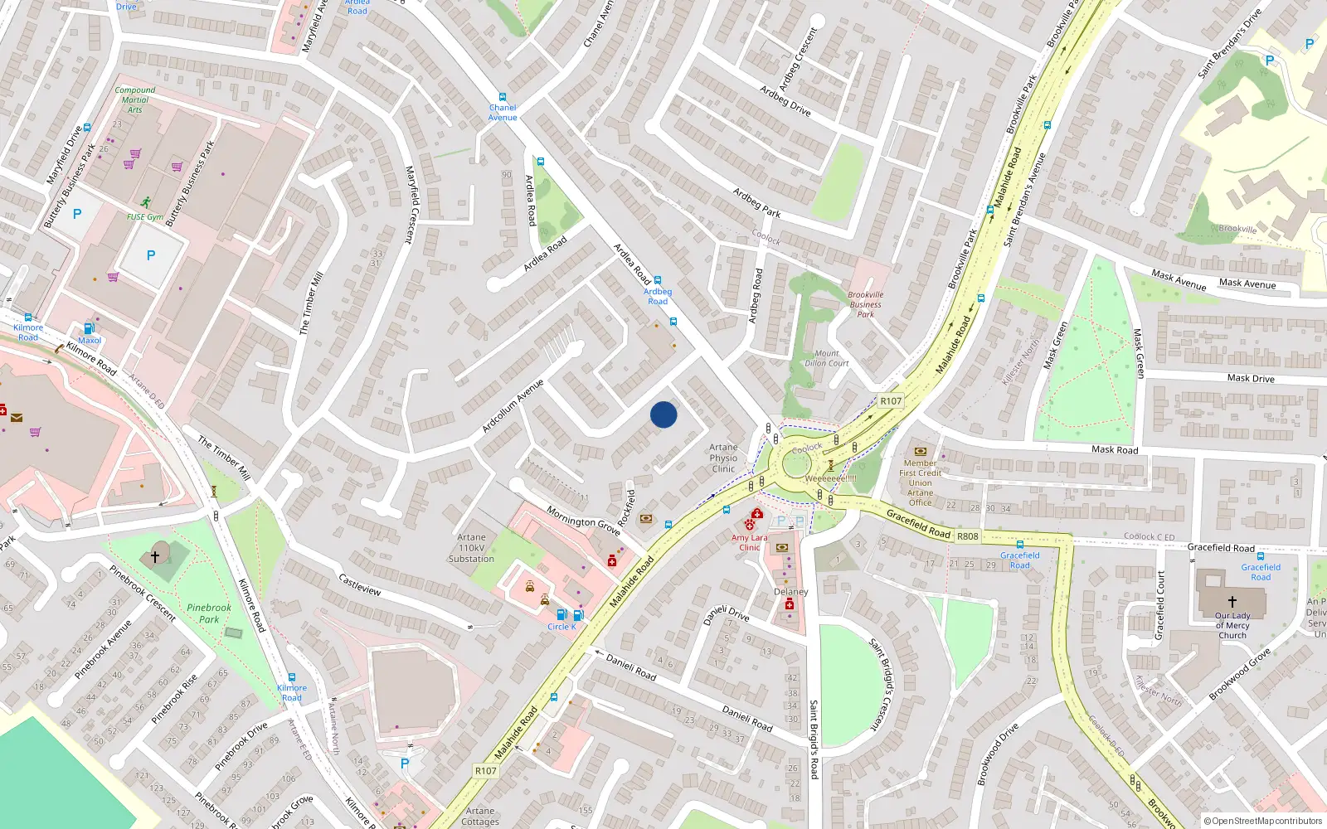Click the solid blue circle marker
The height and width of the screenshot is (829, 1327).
tap(663, 414)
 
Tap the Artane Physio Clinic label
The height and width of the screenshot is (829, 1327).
tap(723, 458)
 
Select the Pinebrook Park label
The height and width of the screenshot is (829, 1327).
tap(209, 613)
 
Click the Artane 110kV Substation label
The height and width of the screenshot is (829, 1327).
tap(471, 548)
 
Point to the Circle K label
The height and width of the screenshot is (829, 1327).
tap(561, 627)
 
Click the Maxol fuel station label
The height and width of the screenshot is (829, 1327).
tap(90, 340)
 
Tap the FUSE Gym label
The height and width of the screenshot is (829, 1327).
tap(145, 217)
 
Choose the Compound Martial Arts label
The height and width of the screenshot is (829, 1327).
tap(134, 99)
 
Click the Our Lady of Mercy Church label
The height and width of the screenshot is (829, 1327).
tap(1232, 625)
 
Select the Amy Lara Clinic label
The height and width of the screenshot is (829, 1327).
tap(749, 542)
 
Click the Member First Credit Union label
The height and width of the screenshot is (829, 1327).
tap(920, 482)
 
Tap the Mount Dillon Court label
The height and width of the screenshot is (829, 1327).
tap(826, 358)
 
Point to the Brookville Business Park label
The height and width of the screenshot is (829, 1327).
tap(865, 304)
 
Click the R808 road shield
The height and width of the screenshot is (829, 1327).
tap(967, 536)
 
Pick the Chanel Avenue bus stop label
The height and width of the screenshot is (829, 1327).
tap(503, 112)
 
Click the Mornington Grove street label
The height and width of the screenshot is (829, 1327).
tap(583, 521)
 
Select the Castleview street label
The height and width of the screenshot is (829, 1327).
tap(360, 584)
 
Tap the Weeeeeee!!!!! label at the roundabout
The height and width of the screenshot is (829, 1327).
tap(830, 478)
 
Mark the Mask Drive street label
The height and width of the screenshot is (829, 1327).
tap(1251, 378)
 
